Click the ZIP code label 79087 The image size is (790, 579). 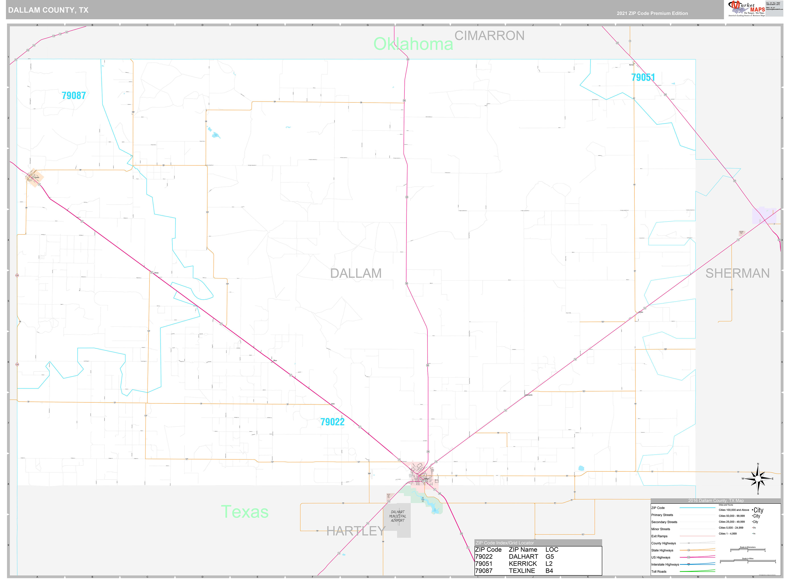(x=74, y=95)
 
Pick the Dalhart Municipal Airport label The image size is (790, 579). (x=398, y=516)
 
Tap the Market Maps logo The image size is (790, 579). (x=746, y=8)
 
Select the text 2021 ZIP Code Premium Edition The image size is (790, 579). (x=652, y=13)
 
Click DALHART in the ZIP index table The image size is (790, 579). (x=523, y=557)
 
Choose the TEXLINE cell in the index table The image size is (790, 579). (x=522, y=571)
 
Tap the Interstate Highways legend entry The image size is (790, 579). (x=665, y=564)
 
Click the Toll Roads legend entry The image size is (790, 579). (x=659, y=571)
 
